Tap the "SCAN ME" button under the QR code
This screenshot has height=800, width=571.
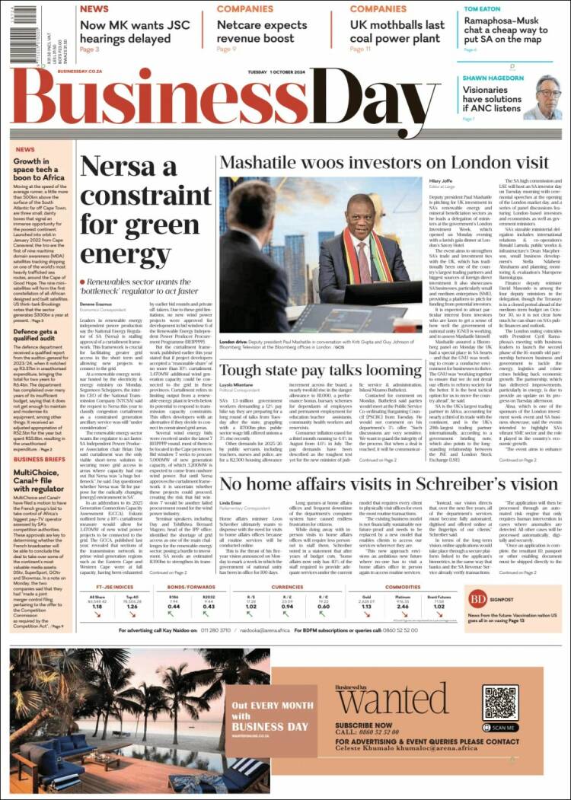click(499, 727)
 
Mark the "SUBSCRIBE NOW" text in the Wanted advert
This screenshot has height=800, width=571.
click(364, 725)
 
